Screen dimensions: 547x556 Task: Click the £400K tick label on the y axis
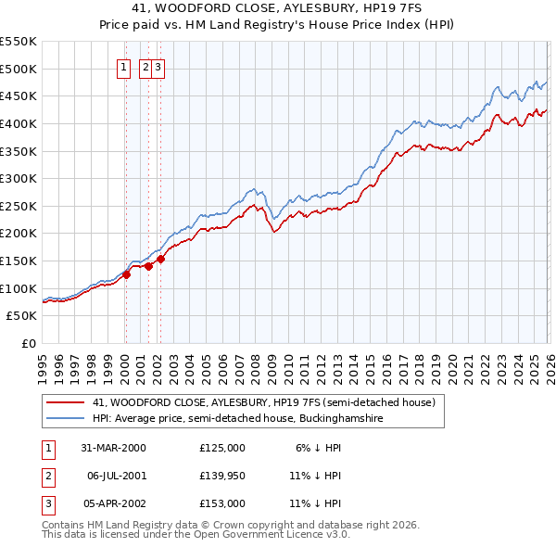click(x=19, y=123)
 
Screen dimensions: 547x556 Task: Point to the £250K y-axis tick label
click(x=19, y=206)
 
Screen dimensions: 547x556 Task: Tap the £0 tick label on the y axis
click(x=29, y=344)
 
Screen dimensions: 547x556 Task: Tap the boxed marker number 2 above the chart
click(x=145, y=67)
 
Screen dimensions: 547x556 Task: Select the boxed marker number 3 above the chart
click(x=158, y=67)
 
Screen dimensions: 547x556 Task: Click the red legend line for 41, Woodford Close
click(x=66, y=402)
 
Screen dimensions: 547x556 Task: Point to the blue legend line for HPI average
click(x=66, y=419)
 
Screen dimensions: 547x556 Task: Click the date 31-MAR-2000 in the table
click(x=112, y=447)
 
